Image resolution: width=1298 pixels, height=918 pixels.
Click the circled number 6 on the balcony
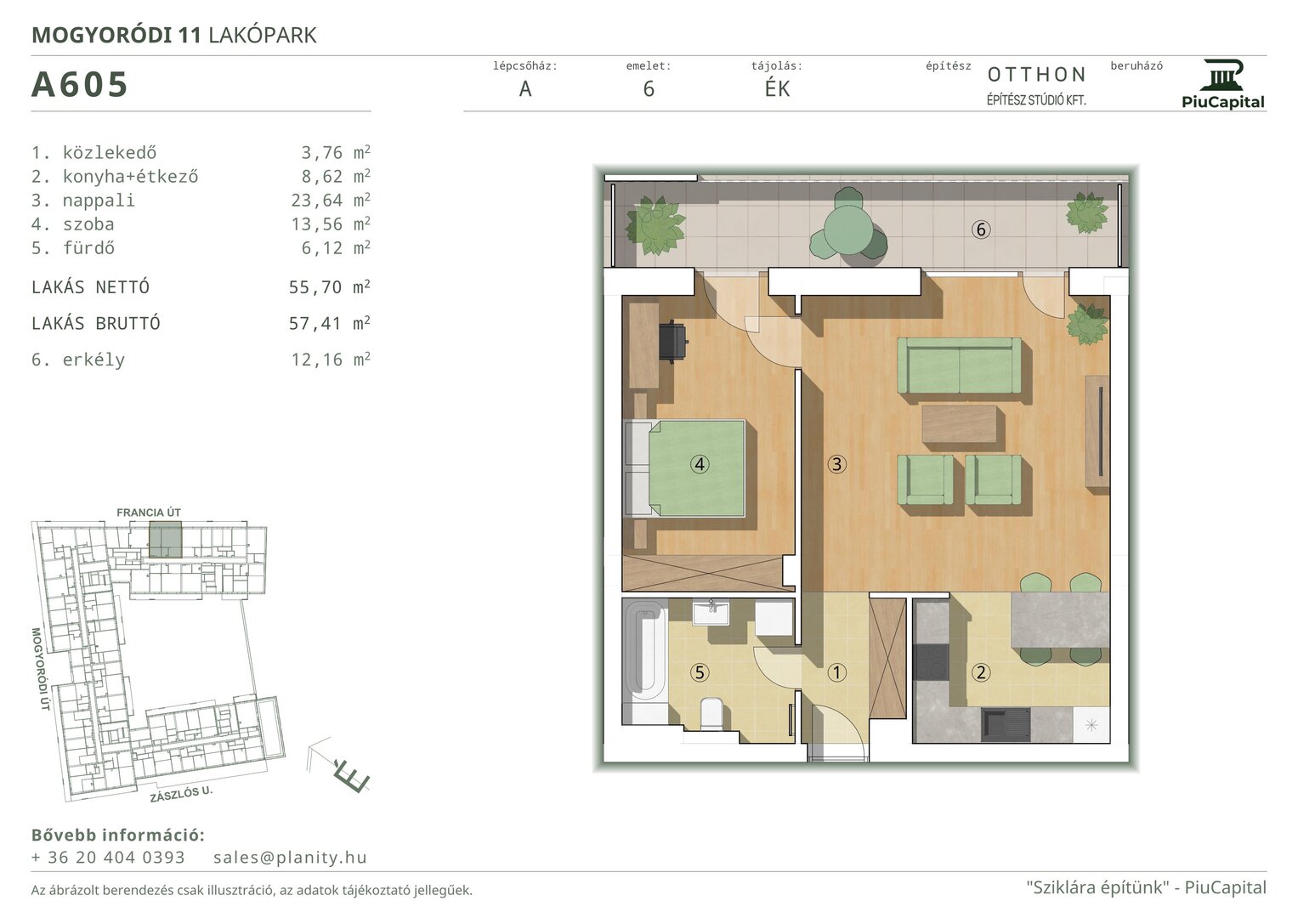point(981,229)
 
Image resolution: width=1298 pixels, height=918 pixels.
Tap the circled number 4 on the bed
point(700,464)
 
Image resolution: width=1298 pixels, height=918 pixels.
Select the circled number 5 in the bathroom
point(700,672)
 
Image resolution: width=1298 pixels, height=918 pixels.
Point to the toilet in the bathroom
point(711,714)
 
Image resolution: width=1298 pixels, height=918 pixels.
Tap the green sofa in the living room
point(959,366)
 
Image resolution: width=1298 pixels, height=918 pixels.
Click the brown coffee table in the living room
point(960,424)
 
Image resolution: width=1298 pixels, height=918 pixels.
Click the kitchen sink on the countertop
point(1006,724)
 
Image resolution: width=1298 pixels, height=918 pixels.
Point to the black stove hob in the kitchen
point(931,662)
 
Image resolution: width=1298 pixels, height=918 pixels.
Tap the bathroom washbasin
point(711,612)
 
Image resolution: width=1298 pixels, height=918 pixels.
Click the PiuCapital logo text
point(1223,102)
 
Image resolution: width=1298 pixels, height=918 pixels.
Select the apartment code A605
point(79,85)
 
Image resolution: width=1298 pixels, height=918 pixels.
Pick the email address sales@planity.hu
point(290,857)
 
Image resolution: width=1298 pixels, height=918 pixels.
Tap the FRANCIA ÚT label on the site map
point(149,513)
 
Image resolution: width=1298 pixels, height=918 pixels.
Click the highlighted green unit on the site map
point(165,540)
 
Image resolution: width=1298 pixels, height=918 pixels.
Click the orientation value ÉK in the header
point(777,88)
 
